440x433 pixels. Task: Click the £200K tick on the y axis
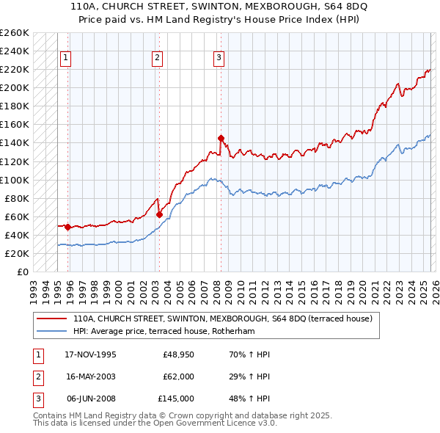tap(15, 87)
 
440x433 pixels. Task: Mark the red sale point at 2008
tap(220, 137)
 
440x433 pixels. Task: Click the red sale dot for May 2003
tap(159, 214)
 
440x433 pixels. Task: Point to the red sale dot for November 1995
tap(67, 227)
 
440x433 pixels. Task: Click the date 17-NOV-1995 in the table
tap(91, 354)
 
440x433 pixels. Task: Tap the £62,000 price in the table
tap(178, 376)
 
